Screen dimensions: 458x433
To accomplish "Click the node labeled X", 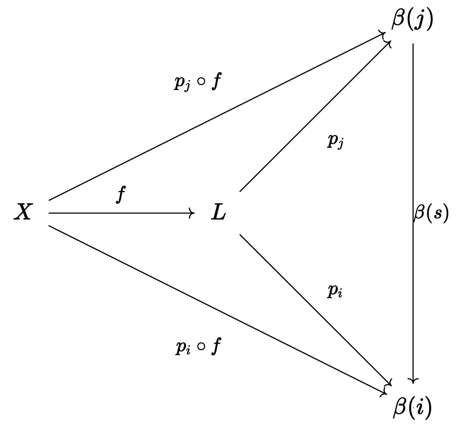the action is click(x=23, y=212).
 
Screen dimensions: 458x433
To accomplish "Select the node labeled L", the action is click(x=218, y=213).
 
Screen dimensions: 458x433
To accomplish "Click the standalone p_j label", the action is click(x=336, y=141).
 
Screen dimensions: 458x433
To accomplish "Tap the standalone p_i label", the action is click(x=335, y=292).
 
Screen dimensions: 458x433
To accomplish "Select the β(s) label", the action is click(x=431, y=213).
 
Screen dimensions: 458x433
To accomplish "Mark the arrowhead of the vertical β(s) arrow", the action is click(x=413, y=380).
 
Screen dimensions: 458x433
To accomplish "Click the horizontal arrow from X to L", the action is click(x=122, y=213).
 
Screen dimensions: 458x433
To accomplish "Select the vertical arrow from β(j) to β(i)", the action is click(x=413, y=152).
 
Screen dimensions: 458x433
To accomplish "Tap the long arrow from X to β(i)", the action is click(x=217, y=310).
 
